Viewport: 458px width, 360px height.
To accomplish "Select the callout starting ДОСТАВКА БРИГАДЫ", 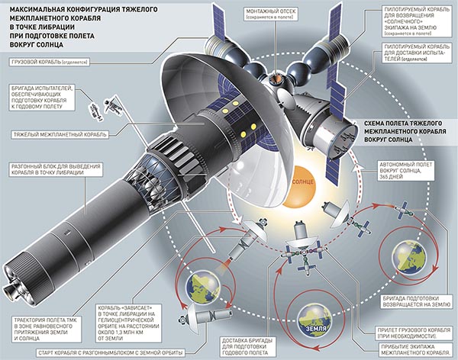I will [x=248, y=345].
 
